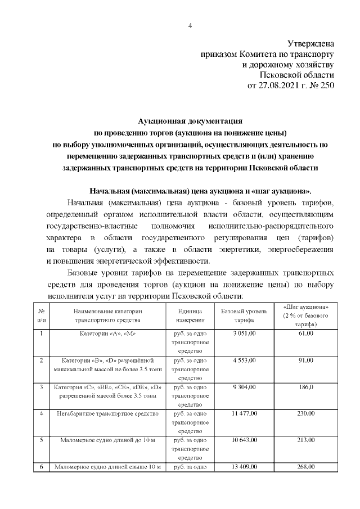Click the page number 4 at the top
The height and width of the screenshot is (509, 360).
tap(190, 25)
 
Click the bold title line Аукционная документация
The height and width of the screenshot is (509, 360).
tap(190, 120)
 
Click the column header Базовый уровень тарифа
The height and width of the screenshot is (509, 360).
tap(244, 315)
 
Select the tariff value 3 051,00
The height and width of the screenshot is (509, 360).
tap(244, 334)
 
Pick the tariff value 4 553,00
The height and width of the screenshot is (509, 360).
tap(244, 359)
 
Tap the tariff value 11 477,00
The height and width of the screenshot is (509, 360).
tap(244, 413)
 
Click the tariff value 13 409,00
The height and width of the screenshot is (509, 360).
tap(244, 467)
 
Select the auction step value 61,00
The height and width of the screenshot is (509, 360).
tap(306, 334)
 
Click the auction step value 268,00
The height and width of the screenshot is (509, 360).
tap(306, 467)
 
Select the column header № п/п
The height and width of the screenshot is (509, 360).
tap(42, 315)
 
